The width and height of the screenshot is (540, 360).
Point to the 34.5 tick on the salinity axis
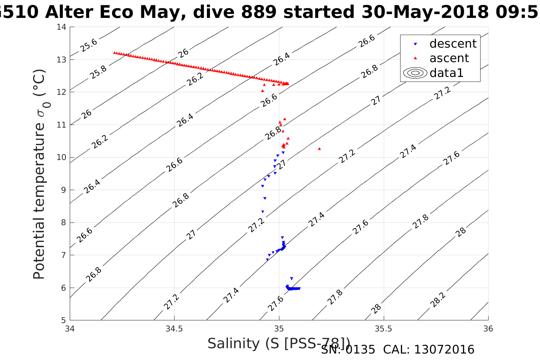click(x=174, y=329)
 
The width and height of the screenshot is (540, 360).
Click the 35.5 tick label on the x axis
click(x=383, y=329)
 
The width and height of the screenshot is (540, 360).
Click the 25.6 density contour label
click(x=89, y=45)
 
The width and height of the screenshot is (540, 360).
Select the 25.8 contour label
click(x=99, y=72)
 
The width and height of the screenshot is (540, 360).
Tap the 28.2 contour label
click(x=438, y=300)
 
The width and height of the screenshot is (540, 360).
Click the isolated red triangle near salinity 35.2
click(x=319, y=149)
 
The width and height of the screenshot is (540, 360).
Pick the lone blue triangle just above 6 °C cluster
click(x=292, y=278)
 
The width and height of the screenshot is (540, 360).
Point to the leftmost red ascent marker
click(x=115, y=53)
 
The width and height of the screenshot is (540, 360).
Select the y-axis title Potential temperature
click(x=39, y=174)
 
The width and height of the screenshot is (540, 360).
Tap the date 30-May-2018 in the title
click(x=425, y=13)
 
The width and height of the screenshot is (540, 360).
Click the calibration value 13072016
click(x=444, y=350)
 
